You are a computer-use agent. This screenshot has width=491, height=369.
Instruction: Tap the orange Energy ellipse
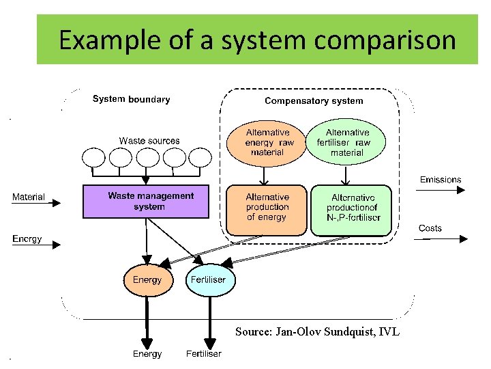pyautogui.click(x=147, y=280)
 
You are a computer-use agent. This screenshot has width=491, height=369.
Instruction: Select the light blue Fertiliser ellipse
pyautogui.click(x=209, y=280)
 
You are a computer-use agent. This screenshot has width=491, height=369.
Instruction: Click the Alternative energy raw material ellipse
pyautogui.click(x=267, y=142)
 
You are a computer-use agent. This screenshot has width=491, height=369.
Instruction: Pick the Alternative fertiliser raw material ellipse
pyautogui.click(x=347, y=142)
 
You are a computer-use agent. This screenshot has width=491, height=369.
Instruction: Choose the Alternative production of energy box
pyautogui.click(x=267, y=208)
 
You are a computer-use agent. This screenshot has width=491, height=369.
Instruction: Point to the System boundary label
pyautogui.click(x=131, y=99)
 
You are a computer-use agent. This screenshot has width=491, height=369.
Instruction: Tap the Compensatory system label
pyautogui.click(x=314, y=101)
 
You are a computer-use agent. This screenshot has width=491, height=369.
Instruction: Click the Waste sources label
pyautogui.click(x=149, y=141)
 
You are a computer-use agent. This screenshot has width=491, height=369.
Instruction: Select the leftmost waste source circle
pyautogui.click(x=94, y=159)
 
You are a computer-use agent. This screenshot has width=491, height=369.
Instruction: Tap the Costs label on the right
pyautogui.click(x=430, y=228)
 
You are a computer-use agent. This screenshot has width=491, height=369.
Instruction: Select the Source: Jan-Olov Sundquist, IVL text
pyautogui.click(x=317, y=332)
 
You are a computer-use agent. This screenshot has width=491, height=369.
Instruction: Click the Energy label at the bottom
pyautogui.click(x=147, y=354)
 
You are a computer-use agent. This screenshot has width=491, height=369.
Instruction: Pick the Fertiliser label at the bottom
pyautogui.click(x=204, y=354)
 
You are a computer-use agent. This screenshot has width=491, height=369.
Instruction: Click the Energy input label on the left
pyautogui.click(x=27, y=239)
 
